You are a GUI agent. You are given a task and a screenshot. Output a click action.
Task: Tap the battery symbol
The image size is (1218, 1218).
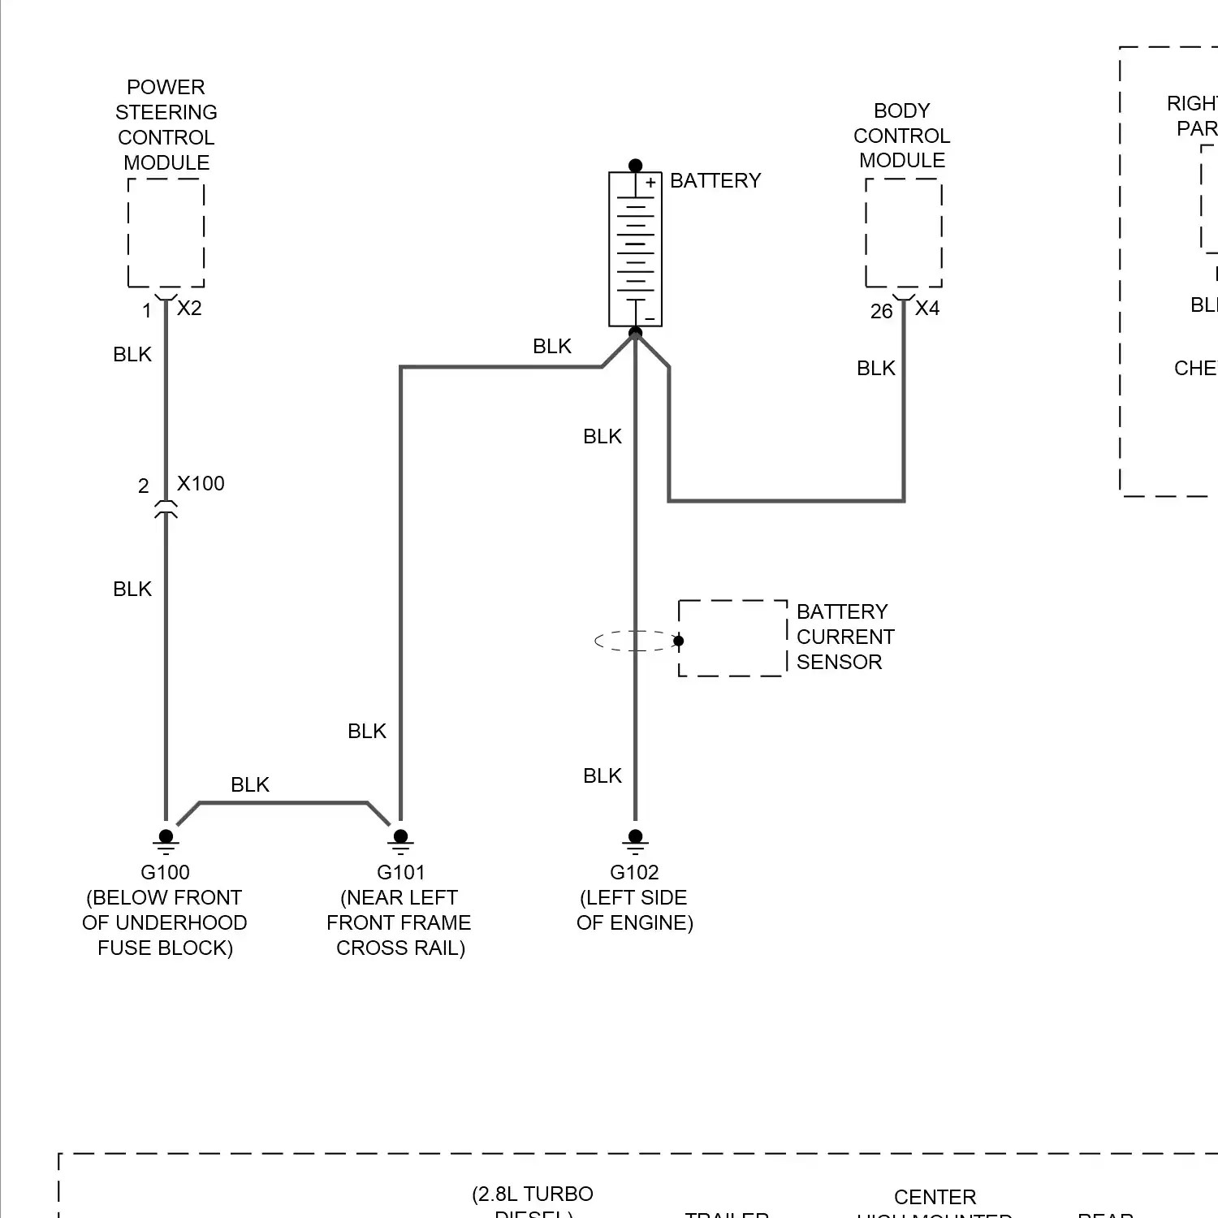635,249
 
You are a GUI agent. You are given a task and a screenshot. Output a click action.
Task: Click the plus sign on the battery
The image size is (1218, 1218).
650,184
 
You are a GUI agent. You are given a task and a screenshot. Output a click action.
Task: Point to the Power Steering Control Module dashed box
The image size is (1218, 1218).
166,233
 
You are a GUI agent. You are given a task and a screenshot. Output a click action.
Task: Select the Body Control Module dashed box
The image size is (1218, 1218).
903,233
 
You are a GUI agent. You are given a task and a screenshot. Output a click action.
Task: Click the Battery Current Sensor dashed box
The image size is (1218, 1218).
732,638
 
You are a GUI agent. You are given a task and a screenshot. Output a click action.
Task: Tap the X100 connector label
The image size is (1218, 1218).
201,484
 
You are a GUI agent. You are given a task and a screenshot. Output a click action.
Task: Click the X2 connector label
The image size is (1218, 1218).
189,309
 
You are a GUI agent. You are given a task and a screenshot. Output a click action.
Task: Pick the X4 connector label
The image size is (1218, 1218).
927,309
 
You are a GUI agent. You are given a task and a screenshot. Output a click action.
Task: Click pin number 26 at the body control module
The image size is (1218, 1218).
881,312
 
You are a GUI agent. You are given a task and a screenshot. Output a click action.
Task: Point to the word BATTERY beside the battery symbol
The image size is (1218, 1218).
715,181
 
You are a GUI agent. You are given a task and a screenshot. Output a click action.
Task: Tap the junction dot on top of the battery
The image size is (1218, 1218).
635,166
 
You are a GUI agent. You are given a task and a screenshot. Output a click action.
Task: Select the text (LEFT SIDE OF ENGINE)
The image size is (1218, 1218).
634,910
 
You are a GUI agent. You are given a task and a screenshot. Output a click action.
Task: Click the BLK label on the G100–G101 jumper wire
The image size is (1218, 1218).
249,785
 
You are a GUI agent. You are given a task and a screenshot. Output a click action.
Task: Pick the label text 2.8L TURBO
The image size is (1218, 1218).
533,1194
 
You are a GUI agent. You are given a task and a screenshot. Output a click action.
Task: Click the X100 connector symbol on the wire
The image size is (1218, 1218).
166,509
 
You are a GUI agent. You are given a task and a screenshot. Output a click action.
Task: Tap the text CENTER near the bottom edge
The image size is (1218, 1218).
935,1198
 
